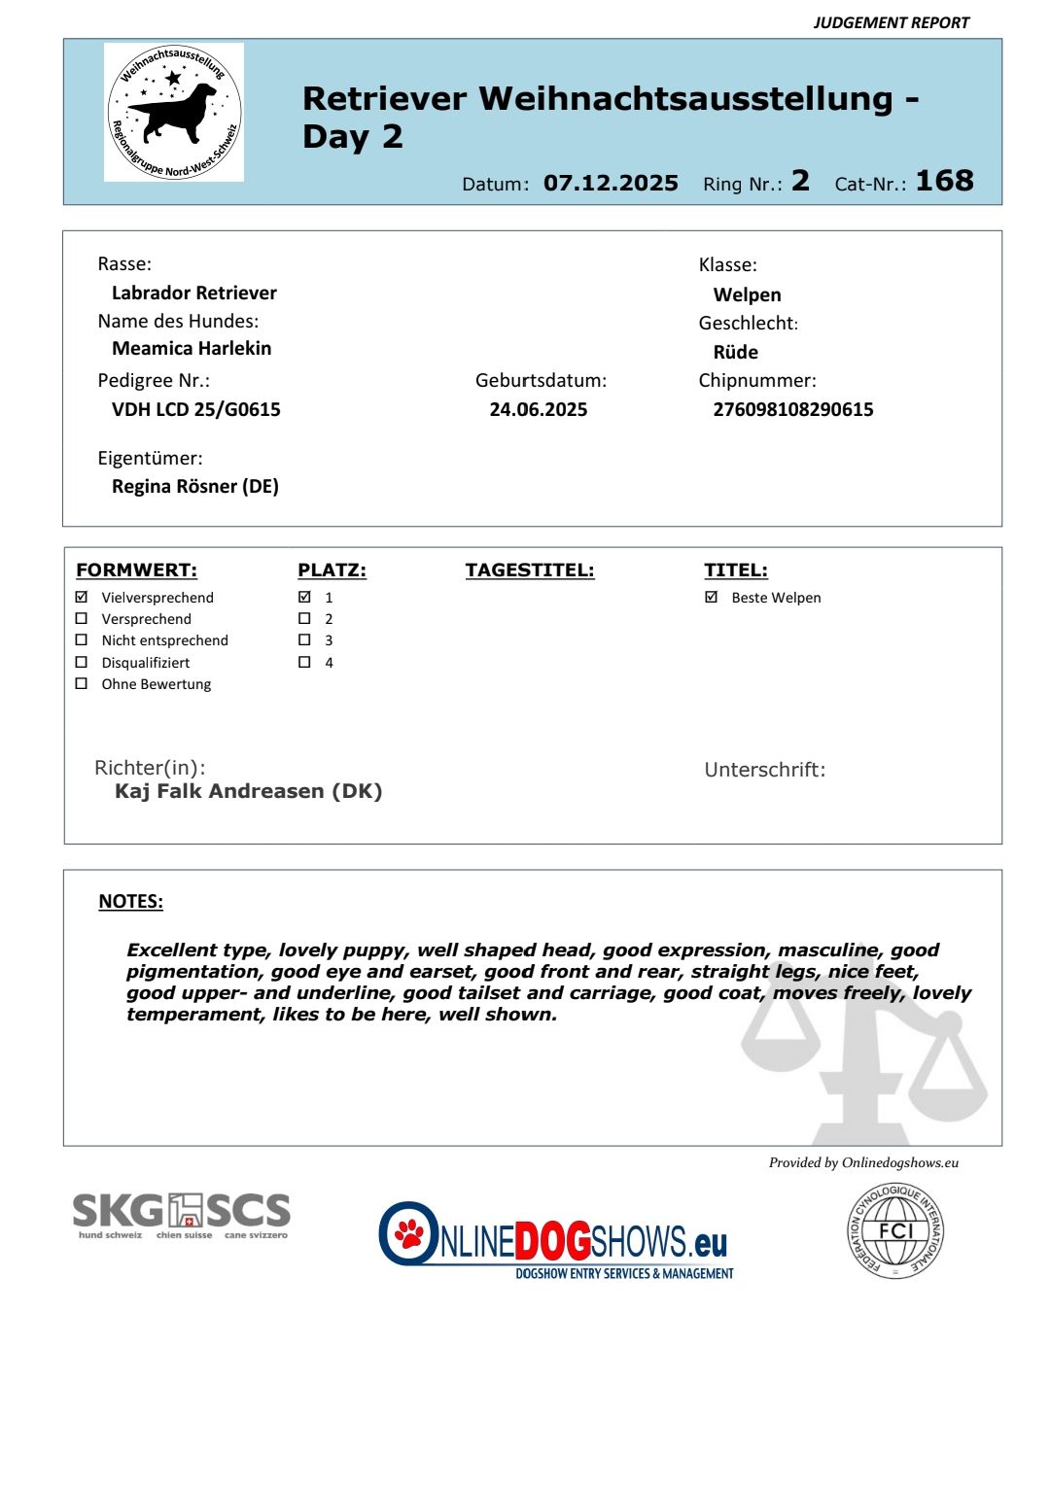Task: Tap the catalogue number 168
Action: click(x=943, y=181)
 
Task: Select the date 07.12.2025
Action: click(x=611, y=183)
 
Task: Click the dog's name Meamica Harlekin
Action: click(x=192, y=348)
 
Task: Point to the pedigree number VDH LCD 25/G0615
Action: click(x=195, y=409)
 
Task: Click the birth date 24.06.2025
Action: click(x=538, y=409)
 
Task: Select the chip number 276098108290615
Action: click(x=792, y=409)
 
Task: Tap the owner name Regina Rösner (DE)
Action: click(x=194, y=486)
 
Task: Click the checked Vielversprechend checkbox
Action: click(x=82, y=597)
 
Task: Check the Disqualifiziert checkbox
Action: click(x=82, y=662)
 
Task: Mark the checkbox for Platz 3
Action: click(x=304, y=639)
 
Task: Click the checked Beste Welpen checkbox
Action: click(x=711, y=597)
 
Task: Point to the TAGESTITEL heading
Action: click(x=529, y=570)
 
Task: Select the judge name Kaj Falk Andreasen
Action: click(x=248, y=791)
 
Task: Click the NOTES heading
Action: click(x=130, y=901)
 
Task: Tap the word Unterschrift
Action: click(x=764, y=770)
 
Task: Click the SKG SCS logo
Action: click(x=182, y=1214)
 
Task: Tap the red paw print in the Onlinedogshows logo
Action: click(x=410, y=1233)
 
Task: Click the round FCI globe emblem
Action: click(x=894, y=1230)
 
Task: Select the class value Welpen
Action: click(x=747, y=294)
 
